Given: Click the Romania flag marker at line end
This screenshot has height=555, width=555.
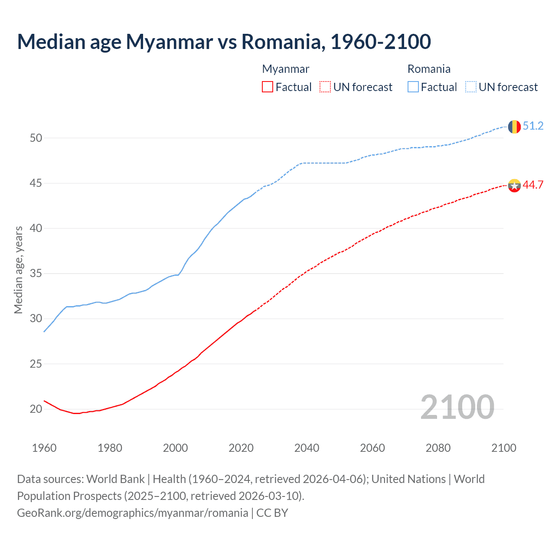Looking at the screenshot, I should click(514, 127).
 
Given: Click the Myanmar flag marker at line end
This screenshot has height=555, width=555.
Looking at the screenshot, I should click(514, 186).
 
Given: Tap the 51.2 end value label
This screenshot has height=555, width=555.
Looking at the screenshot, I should click(533, 126).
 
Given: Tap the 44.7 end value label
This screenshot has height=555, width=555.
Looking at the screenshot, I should click(533, 185).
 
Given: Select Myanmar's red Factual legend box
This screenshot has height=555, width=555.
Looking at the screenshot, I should click(268, 87).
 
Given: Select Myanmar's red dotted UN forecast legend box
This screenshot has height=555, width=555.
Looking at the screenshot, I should click(325, 87).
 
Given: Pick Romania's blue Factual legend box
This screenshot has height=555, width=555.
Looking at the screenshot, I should click(413, 87).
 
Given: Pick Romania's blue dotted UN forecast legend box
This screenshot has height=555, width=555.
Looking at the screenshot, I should click(470, 87).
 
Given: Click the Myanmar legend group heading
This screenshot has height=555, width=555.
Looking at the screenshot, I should click(286, 69).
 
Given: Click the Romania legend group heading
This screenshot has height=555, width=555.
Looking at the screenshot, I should click(429, 69).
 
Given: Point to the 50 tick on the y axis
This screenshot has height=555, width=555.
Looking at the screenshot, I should click(36, 138).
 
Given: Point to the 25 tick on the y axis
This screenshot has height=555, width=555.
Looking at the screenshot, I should click(36, 364).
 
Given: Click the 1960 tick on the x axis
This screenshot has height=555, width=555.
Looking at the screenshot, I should click(44, 448).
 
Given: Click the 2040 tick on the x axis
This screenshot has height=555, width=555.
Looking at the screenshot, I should click(307, 448).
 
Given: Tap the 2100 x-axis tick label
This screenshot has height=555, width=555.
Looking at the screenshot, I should click(503, 448).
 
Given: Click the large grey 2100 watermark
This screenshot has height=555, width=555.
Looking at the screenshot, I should click(457, 407).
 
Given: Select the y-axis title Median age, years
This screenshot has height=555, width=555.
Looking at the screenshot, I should click(18, 270).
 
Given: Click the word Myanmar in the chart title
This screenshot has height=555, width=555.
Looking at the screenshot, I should click(169, 42).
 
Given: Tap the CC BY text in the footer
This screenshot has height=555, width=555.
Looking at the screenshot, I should click(272, 513).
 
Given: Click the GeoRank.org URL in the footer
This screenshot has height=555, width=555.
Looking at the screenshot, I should click(132, 513).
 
